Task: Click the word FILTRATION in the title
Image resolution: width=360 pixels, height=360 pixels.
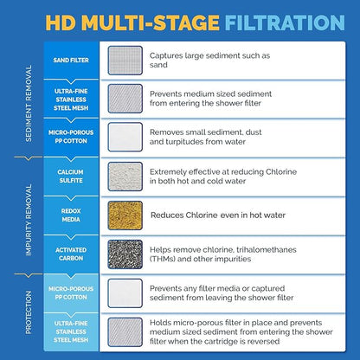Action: click(x=285, y=22)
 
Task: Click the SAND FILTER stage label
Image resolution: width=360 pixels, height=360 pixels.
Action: click(x=71, y=61)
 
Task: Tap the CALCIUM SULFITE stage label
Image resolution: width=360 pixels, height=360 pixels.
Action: click(x=71, y=177)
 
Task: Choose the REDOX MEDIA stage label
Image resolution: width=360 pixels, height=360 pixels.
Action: click(x=71, y=215)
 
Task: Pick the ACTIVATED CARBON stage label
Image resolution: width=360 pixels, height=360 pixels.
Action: click(x=71, y=254)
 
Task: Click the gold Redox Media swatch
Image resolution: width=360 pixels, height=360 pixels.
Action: click(x=125, y=215)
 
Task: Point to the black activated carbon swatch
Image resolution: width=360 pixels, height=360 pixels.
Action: click(x=125, y=254)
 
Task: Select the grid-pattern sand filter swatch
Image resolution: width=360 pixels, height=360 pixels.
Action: click(x=125, y=61)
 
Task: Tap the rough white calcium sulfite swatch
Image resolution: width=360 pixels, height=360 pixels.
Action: click(x=125, y=177)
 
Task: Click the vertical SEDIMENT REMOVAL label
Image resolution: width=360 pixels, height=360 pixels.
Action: click(x=29, y=103)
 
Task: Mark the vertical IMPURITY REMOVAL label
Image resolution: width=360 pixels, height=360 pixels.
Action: click(x=29, y=220)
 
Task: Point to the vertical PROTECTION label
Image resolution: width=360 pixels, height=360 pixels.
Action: click(x=29, y=312)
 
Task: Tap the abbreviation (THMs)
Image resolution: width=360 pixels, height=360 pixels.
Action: click(x=162, y=259)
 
